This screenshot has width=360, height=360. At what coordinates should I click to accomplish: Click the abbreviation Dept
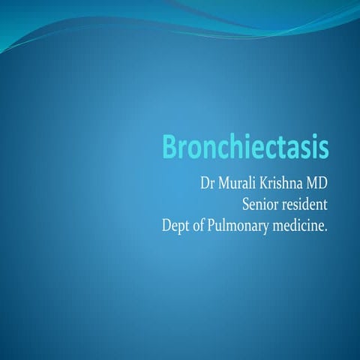[177, 223]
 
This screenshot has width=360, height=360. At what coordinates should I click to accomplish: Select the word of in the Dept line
[203, 223]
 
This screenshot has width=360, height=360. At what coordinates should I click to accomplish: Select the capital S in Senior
[245, 202]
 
